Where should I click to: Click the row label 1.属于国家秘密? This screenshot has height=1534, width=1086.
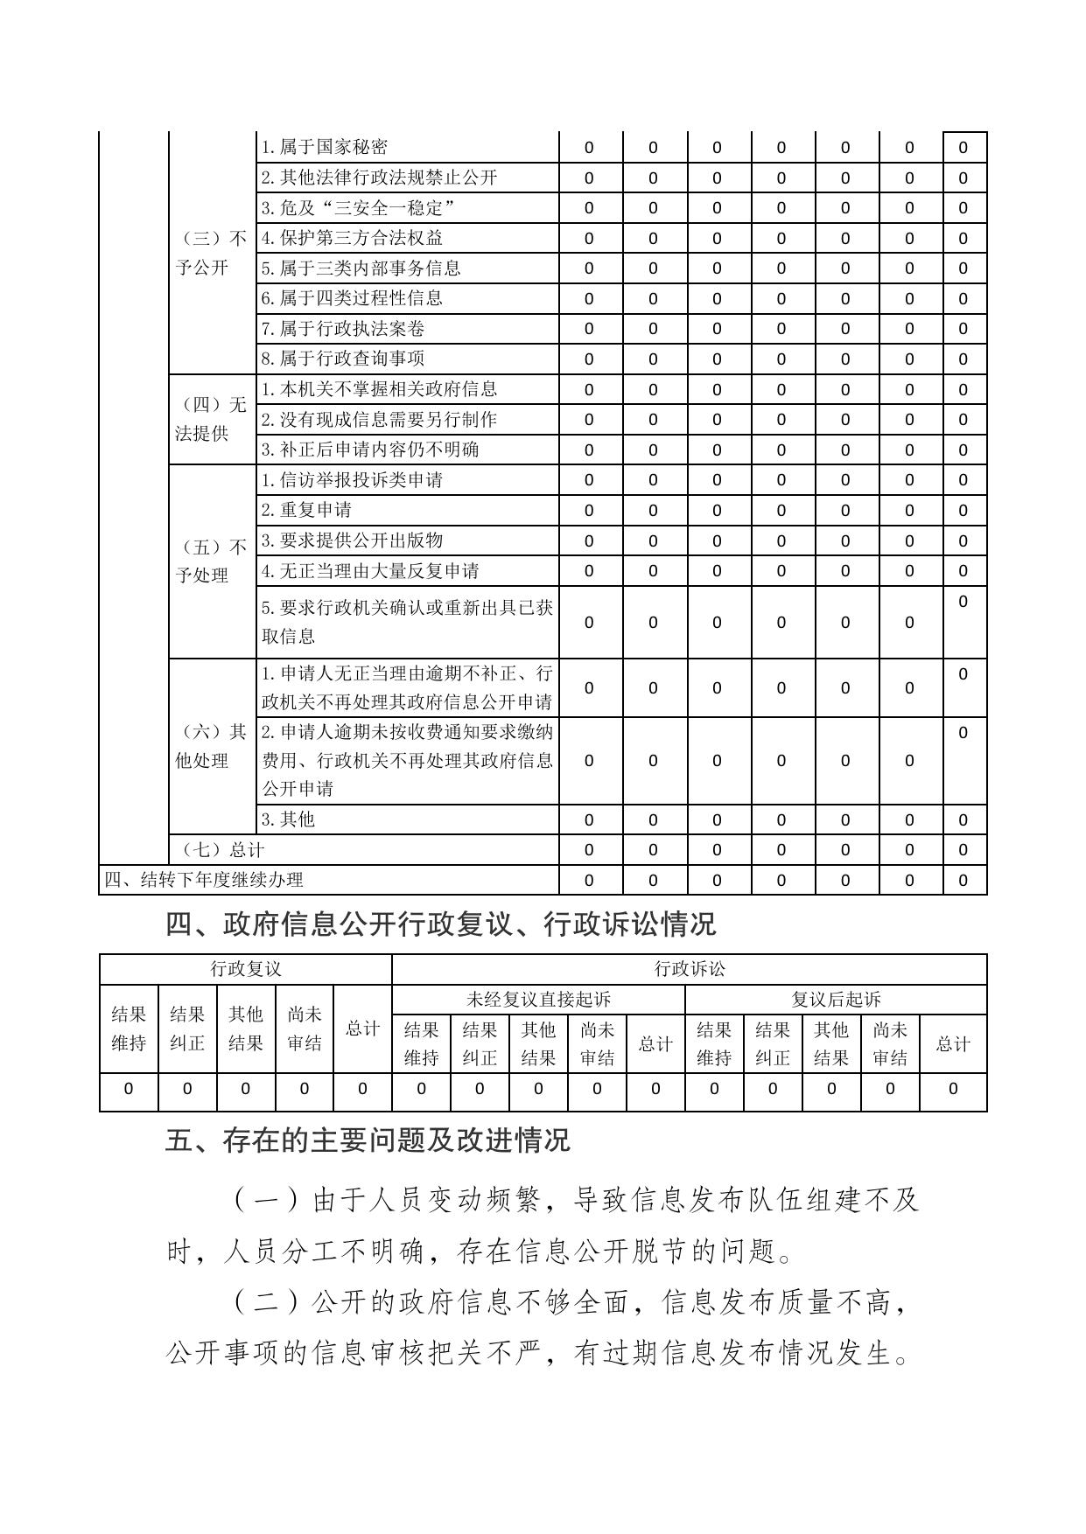(325, 147)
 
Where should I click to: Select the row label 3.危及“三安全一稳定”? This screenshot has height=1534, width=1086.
(359, 208)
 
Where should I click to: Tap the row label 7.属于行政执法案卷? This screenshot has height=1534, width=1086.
(343, 329)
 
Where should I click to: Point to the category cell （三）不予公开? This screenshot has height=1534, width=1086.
(212, 253)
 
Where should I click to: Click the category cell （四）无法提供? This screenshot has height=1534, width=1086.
(212, 419)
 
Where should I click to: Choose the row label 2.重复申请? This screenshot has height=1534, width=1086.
(306, 510)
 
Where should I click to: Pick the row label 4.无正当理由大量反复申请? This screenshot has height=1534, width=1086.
(370, 571)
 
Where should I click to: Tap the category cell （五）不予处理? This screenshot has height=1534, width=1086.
(212, 561)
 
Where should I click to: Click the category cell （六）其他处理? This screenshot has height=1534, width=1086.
(212, 746)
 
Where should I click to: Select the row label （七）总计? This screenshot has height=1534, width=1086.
(223, 850)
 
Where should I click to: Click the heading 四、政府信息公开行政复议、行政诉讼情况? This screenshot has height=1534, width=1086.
(440, 924)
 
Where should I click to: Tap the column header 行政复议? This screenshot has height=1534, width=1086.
(246, 969)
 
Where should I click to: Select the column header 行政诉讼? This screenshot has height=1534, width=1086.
(690, 969)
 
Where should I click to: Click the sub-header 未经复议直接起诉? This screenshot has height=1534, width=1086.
(538, 999)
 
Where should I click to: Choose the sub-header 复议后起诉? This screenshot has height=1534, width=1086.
(836, 999)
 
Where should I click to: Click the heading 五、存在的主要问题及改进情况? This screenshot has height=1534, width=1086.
(368, 1140)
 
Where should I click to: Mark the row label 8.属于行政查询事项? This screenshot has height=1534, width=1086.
(343, 359)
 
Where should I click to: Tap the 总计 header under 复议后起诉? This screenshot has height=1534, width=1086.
(953, 1043)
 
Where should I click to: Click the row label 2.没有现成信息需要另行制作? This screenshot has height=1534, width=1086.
(379, 420)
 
